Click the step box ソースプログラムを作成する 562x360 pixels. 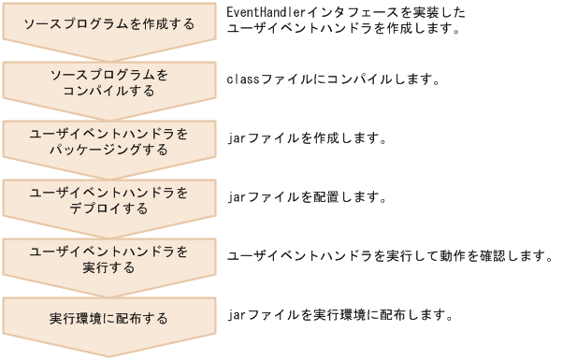[108, 23]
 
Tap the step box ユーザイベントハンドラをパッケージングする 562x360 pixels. [108, 141]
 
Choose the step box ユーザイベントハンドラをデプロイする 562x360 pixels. [108, 200]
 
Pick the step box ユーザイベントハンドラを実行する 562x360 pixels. [108, 259]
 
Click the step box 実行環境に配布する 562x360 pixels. [108, 319]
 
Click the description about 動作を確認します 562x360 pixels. [391, 255]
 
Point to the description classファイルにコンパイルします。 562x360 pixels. [333, 79]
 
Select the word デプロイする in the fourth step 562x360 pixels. [108, 209]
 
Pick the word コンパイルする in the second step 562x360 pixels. [108, 91]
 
